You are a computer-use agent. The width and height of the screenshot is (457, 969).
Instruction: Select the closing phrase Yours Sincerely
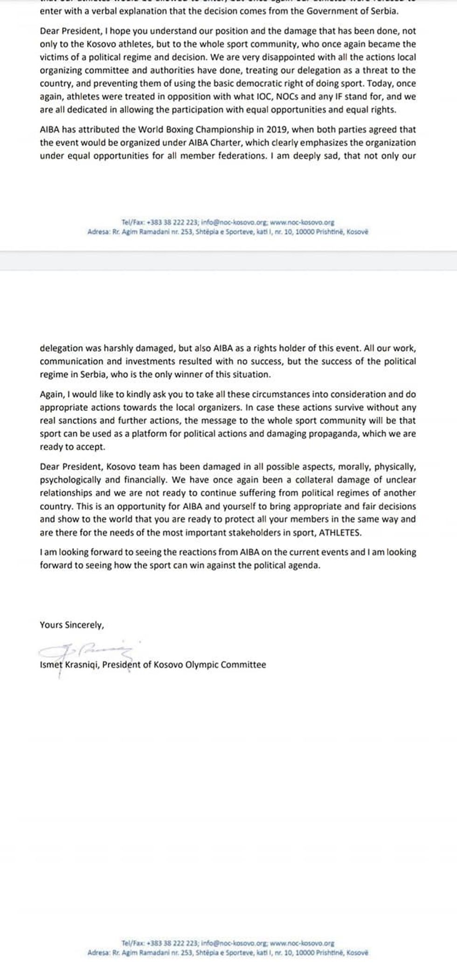(72, 625)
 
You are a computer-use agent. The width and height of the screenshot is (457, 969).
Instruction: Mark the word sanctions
(76, 420)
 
